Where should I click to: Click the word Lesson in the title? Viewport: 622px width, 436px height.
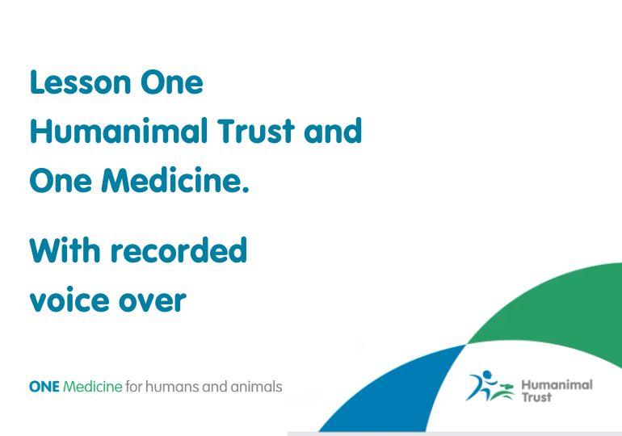click(x=80, y=82)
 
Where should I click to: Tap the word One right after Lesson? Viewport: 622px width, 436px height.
click(x=172, y=82)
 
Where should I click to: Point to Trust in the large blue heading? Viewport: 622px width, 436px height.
click(x=255, y=131)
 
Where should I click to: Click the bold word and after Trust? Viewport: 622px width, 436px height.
click(x=333, y=131)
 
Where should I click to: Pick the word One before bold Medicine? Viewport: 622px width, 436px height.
click(x=61, y=180)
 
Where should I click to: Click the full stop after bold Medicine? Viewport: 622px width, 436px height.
click(x=245, y=190)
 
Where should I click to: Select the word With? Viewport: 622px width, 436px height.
click(x=65, y=250)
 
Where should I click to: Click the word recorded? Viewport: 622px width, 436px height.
click(x=179, y=250)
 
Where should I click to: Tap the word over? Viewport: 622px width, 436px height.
click(x=153, y=300)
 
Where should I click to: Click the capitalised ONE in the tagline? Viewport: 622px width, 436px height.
click(x=44, y=387)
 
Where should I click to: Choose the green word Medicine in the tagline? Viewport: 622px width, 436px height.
click(x=93, y=387)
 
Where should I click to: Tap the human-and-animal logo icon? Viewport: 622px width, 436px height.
click(x=490, y=386)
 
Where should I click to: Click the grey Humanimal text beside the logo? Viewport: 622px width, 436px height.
click(x=557, y=385)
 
